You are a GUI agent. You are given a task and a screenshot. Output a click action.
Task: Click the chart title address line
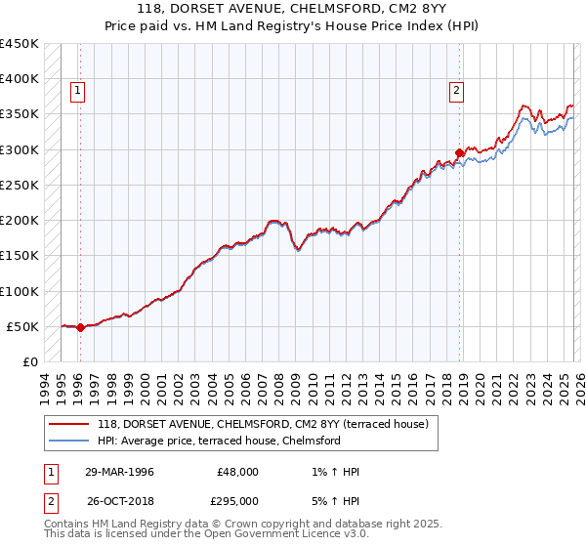click(x=292, y=9)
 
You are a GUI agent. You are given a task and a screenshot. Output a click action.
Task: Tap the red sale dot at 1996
click(x=80, y=328)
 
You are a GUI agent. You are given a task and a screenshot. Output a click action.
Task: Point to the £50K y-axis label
click(x=22, y=326)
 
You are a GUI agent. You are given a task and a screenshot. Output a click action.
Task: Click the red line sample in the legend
click(x=68, y=423)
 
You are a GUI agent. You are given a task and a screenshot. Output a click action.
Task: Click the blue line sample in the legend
click(x=68, y=441)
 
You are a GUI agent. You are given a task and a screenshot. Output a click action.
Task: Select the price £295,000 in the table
click(x=239, y=500)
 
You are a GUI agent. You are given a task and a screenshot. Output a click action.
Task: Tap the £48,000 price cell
click(x=239, y=472)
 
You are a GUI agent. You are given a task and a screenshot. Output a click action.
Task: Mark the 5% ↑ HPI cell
click(x=334, y=500)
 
